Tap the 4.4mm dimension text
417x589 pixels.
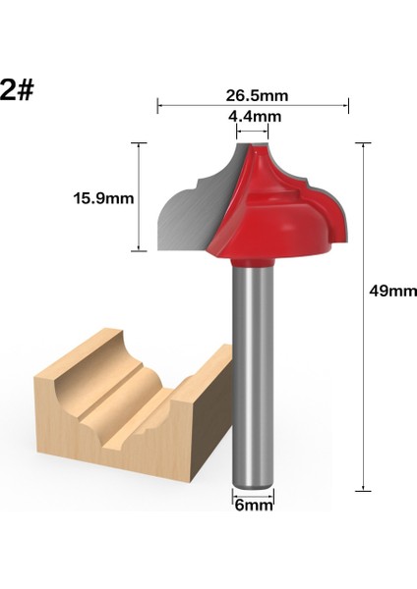(254, 117)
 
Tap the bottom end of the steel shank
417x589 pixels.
(253, 487)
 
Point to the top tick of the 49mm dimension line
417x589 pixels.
(364, 144)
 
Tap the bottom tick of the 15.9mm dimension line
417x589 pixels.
(140, 251)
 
